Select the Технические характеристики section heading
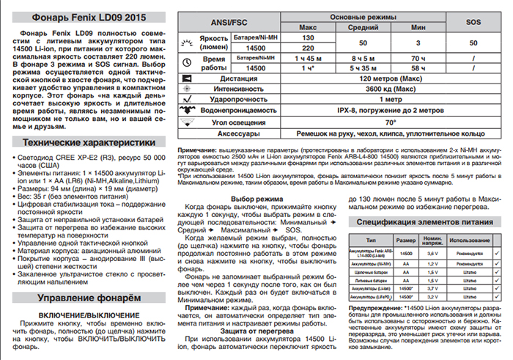coord(86,142)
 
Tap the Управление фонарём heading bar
coord(86,299)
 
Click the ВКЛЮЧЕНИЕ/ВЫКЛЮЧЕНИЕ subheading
coord(86,315)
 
